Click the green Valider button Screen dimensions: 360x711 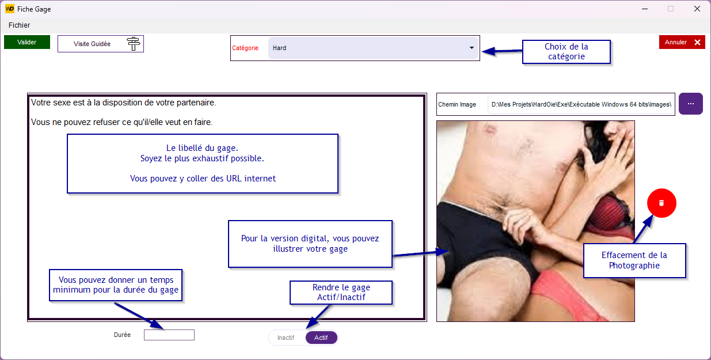pyautogui.click(x=26, y=42)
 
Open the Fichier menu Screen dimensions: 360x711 pyautogui.click(x=19, y=25)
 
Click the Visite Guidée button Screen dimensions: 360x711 pyautogui.click(x=100, y=44)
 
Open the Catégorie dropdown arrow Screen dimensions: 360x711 pyautogui.click(x=472, y=48)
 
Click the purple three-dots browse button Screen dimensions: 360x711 pyautogui.click(x=691, y=104)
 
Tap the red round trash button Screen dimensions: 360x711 pyautogui.click(x=661, y=203)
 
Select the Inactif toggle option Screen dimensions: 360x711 pyautogui.click(x=286, y=338)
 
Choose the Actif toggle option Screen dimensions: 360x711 pyautogui.click(x=321, y=338)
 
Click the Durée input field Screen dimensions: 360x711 pyautogui.click(x=169, y=335)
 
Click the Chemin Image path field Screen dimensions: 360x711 pyautogui.click(x=581, y=104)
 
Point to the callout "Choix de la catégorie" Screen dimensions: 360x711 pyautogui.click(x=566, y=52)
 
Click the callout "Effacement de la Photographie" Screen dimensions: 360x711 pyautogui.click(x=634, y=260)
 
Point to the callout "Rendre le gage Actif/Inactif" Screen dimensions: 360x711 pyautogui.click(x=341, y=292)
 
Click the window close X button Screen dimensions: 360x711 pyautogui.click(x=697, y=9)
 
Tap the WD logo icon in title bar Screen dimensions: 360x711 pyautogui.click(x=10, y=9)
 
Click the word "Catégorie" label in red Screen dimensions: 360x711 pyautogui.click(x=245, y=48)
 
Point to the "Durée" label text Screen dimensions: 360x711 pyautogui.click(x=122, y=335)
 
